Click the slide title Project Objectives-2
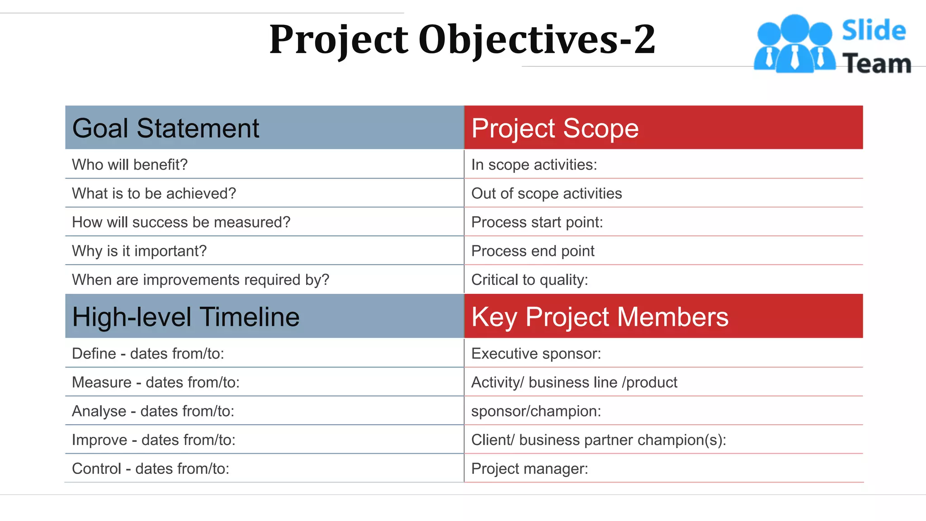462,40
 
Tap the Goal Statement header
165,128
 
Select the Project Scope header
555,128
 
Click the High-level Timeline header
186,317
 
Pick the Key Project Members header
600,317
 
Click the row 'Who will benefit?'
130,165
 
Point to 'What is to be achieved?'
154,194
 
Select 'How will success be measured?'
181,223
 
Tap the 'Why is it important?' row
139,251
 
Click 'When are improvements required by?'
201,280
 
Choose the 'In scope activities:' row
534,165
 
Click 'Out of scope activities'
547,194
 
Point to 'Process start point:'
537,223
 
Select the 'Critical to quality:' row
529,280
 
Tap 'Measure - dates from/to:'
156,383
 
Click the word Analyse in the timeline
99,411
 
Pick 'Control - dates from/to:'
151,469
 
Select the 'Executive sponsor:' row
536,354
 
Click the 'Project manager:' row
529,469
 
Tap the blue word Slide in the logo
874,31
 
